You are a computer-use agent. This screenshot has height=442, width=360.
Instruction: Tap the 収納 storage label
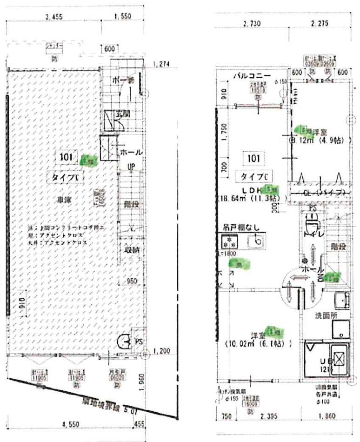pos(132,249)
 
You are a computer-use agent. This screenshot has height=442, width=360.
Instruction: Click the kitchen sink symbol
pos(255,241)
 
